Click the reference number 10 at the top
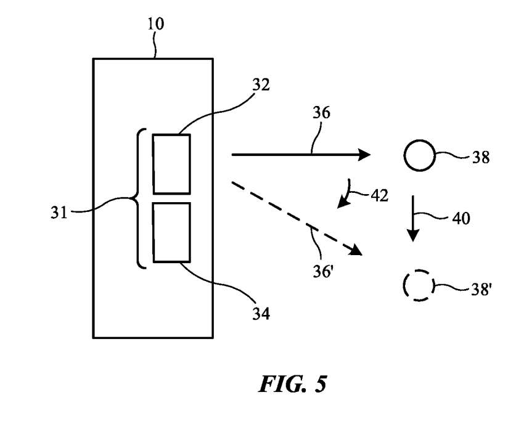point(156,23)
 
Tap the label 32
point(261,85)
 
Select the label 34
point(261,314)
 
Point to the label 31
point(59,213)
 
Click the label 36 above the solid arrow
point(321,113)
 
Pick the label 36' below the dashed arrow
point(322,271)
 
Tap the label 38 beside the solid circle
point(481,157)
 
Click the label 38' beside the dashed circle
point(481,289)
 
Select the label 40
point(461,219)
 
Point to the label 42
point(380,195)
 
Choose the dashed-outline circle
point(419,271)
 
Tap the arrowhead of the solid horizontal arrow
point(364,155)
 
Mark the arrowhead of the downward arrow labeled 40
point(413,235)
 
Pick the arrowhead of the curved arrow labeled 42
point(342,203)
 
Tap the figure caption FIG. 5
point(293,384)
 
